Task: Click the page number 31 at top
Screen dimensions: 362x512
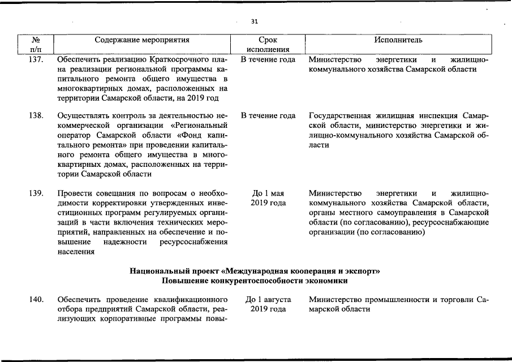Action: pyautogui.click(x=255, y=21)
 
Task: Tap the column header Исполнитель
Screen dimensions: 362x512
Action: pyautogui.click(x=398, y=40)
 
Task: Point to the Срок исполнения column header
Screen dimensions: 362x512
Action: pyautogui.click(x=267, y=45)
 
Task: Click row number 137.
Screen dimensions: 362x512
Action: pyautogui.click(x=36, y=59)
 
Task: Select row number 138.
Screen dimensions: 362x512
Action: pyautogui.click(x=36, y=115)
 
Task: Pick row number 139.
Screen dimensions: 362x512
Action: pyautogui.click(x=36, y=193)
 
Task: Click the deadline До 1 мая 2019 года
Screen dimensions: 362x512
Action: pyautogui.click(x=268, y=198)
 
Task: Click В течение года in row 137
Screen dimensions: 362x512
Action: pyautogui.click(x=268, y=59)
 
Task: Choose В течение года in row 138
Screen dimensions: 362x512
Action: pyautogui.click(x=268, y=115)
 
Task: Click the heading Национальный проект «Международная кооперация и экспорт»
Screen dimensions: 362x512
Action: pyautogui.click(x=255, y=271)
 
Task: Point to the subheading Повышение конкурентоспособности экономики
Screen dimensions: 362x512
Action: pyautogui.click(x=255, y=281)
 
